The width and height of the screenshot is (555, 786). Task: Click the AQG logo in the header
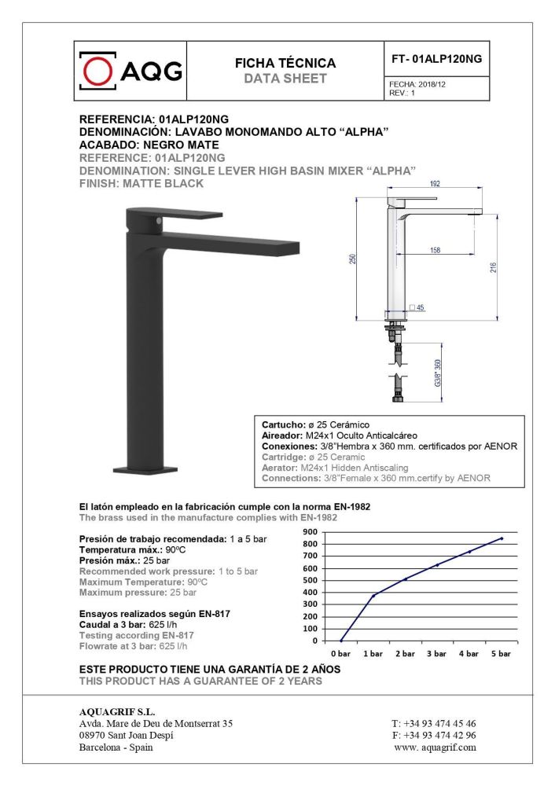(x=131, y=71)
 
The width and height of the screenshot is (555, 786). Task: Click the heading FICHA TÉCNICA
(x=285, y=63)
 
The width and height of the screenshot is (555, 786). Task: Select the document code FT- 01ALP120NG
(x=436, y=59)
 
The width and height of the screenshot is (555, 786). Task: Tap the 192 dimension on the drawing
(x=434, y=183)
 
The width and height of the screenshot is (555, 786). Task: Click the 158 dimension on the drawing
(x=434, y=249)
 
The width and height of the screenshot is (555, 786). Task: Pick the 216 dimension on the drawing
(x=493, y=267)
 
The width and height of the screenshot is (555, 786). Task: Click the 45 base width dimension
(x=421, y=307)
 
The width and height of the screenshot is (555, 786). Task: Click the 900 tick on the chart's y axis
(x=311, y=531)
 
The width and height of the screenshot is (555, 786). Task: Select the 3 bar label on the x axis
(x=436, y=653)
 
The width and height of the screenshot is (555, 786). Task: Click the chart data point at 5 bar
(x=502, y=538)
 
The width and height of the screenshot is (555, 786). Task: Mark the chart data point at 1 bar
(x=373, y=595)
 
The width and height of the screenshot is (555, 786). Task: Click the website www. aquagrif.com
(x=435, y=747)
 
